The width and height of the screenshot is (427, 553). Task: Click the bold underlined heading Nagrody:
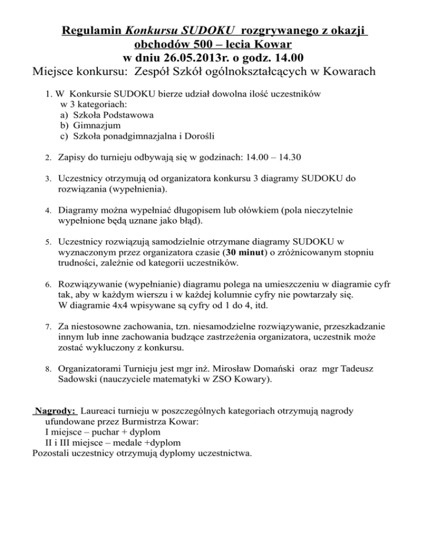pyautogui.click(x=55, y=411)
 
